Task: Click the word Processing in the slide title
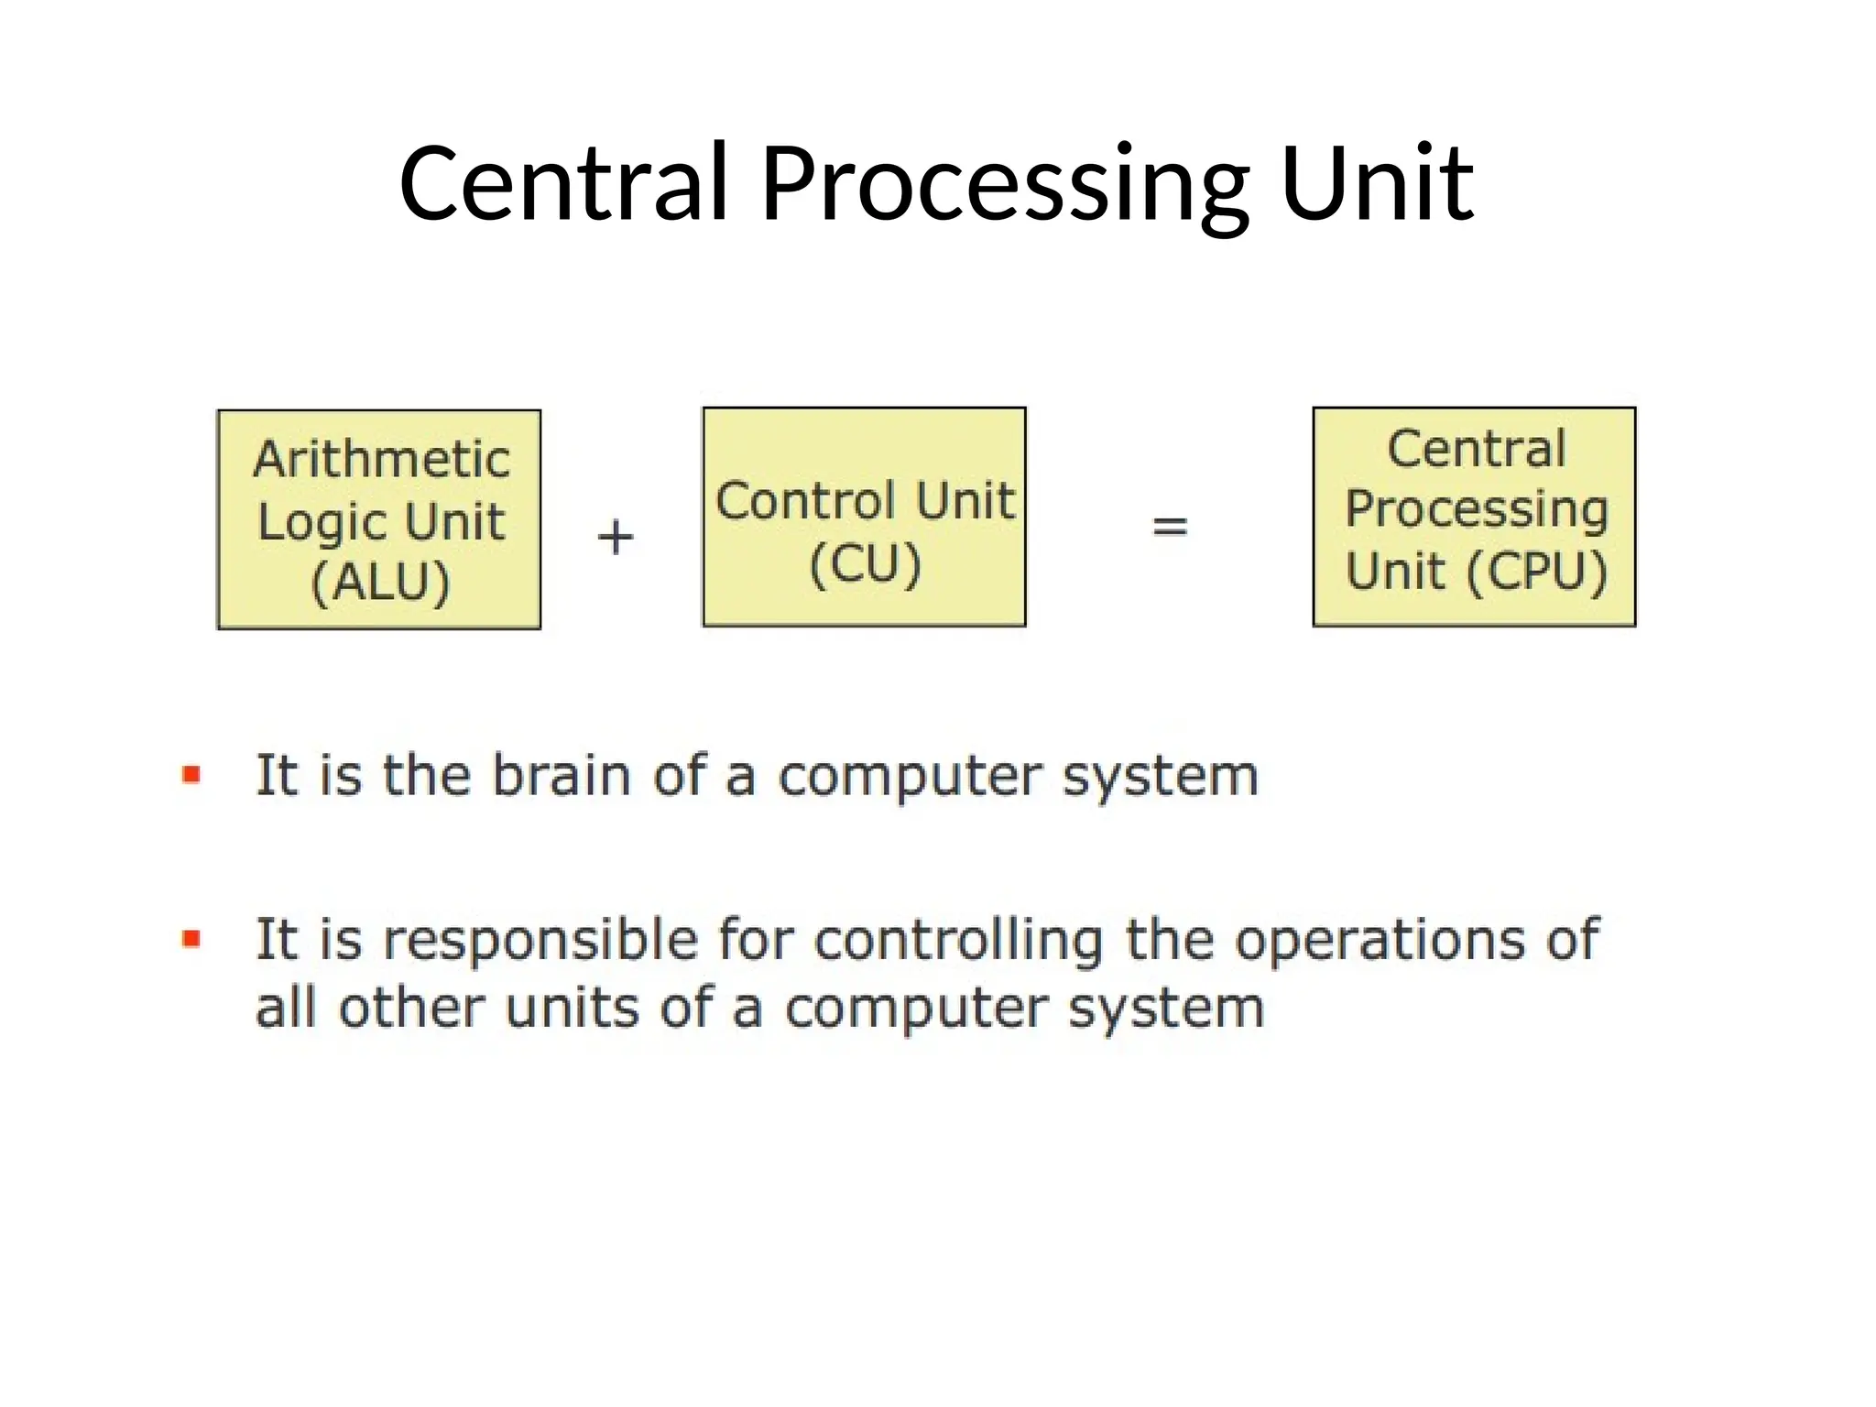click(x=1005, y=186)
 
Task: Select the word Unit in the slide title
click(x=1377, y=186)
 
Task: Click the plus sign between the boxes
click(x=616, y=537)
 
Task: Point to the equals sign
click(x=1170, y=527)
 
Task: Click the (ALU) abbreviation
click(x=381, y=582)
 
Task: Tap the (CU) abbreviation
click(x=865, y=564)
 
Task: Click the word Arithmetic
click(x=382, y=459)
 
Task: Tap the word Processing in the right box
click(x=1476, y=509)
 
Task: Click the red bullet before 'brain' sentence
click(x=191, y=776)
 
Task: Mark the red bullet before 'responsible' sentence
click(x=191, y=939)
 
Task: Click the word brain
click(x=562, y=776)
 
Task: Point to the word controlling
click(x=959, y=941)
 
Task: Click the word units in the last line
click(x=573, y=1009)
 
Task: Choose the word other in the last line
click(x=410, y=1009)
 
